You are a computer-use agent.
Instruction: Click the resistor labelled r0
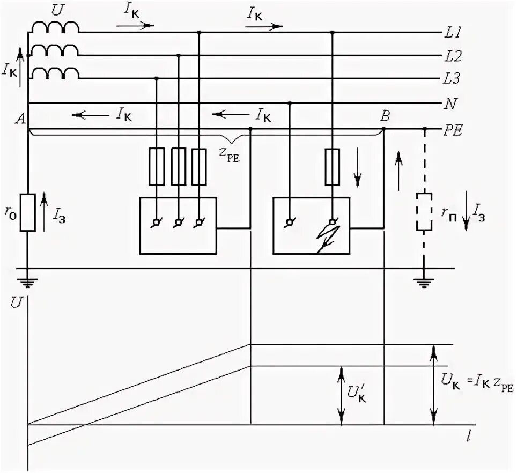(28, 212)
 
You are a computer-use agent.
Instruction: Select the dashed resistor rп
(425, 212)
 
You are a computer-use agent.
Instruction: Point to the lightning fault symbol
(328, 236)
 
